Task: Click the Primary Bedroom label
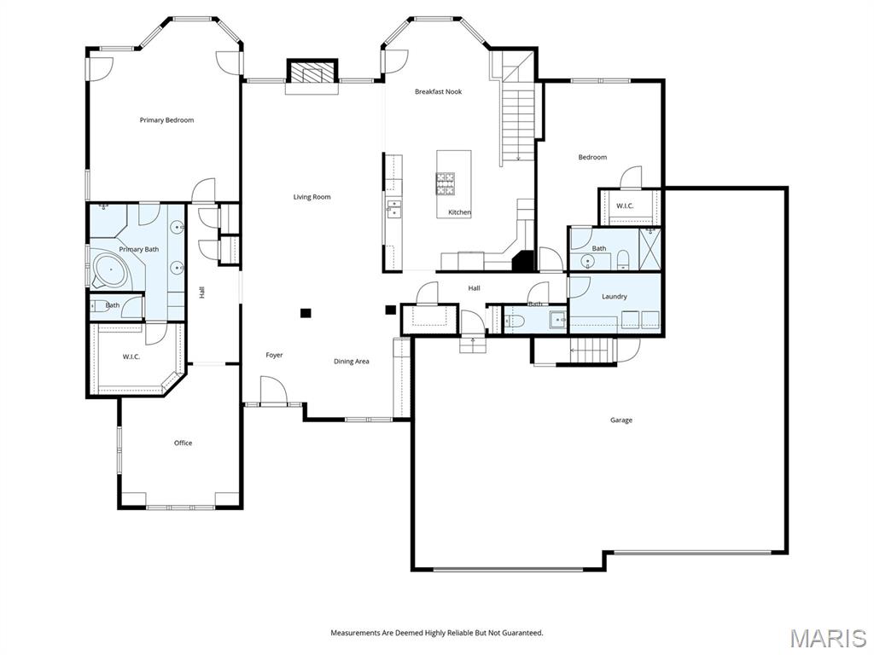pos(166,120)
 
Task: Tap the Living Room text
pos(312,197)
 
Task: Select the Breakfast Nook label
pos(438,91)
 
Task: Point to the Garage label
pos(621,420)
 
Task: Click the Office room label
pos(183,443)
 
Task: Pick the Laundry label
pos(614,297)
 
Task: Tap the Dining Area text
pos(351,362)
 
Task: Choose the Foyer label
pos(274,355)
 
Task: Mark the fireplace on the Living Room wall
pos(312,73)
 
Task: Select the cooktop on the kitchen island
pos(446,181)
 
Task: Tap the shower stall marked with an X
pos(650,248)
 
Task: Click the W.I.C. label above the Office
pos(131,356)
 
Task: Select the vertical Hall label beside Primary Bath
pos(202,292)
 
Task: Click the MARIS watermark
pos(827,637)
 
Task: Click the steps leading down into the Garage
pos(591,350)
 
